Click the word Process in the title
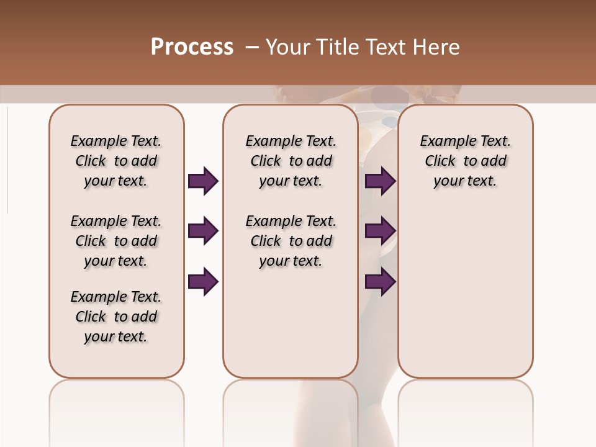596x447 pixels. click(x=192, y=47)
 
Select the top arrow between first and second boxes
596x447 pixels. click(x=203, y=181)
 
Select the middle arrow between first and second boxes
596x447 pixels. click(x=203, y=232)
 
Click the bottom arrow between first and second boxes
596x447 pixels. click(x=203, y=282)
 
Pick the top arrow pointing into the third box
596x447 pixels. click(x=381, y=181)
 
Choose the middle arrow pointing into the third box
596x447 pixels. click(x=381, y=232)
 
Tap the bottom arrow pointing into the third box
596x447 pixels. click(x=381, y=282)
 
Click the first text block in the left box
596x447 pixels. click(x=116, y=161)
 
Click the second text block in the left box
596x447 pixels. click(x=116, y=241)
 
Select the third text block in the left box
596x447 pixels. click(x=116, y=317)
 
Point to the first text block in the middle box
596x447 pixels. click(x=291, y=161)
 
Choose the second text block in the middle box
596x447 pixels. click(x=291, y=241)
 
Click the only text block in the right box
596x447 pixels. click(x=466, y=161)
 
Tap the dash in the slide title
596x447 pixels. click(x=252, y=47)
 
